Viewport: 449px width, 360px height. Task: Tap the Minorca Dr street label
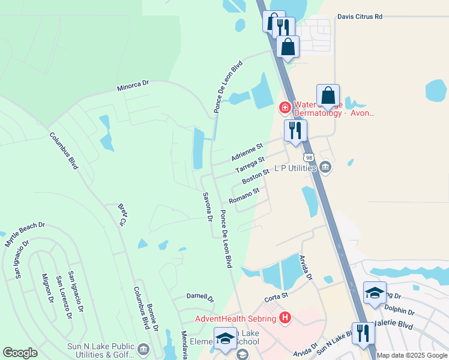[x=133, y=86]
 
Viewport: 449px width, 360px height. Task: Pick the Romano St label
[x=244, y=196]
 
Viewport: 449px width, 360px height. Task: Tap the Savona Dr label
[x=208, y=208]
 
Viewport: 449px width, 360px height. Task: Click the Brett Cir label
[x=122, y=214]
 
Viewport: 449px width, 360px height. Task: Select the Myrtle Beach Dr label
[x=25, y=235]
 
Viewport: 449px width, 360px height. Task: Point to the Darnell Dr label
[x=200, y=297]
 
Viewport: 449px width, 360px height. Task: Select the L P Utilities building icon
[x=325, y=166]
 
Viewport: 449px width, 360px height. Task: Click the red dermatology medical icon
[x=285, y=108]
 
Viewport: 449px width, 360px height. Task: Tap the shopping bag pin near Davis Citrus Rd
[x=288, y=47]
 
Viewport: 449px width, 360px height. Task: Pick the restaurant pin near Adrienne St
[x=295, y=131]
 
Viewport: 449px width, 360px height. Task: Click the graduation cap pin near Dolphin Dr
[x=375, y=293]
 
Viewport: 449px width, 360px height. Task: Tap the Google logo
[x=20, y=353]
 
